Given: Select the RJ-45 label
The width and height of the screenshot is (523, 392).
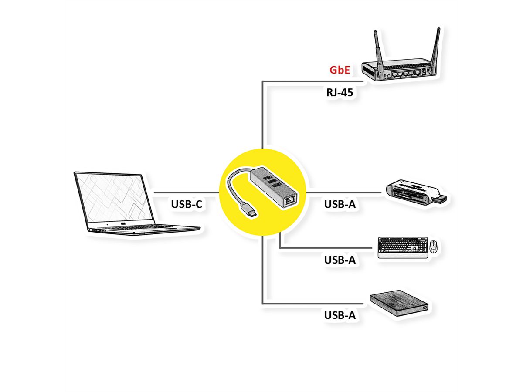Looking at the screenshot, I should (340, 92).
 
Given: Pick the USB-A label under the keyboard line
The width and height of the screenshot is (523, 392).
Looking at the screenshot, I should (340, 260).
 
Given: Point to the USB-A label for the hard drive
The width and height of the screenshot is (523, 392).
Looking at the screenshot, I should (340, 315).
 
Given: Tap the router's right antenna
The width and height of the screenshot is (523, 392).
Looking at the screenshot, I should (435, 48).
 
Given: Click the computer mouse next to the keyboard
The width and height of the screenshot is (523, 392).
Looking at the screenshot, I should (434, 247).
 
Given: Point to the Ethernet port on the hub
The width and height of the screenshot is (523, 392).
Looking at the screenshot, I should (289, 201).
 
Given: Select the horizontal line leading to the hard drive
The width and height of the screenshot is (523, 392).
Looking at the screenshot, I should (314, 304).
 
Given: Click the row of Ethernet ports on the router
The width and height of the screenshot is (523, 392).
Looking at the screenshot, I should (405, 74).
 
